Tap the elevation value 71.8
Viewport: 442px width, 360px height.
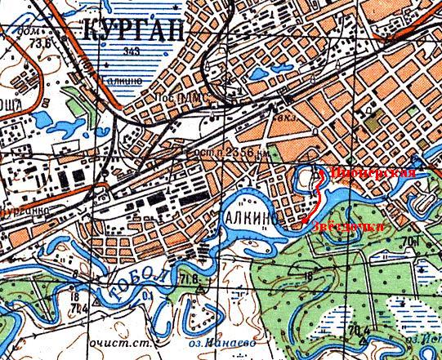[x=190, y=280]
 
